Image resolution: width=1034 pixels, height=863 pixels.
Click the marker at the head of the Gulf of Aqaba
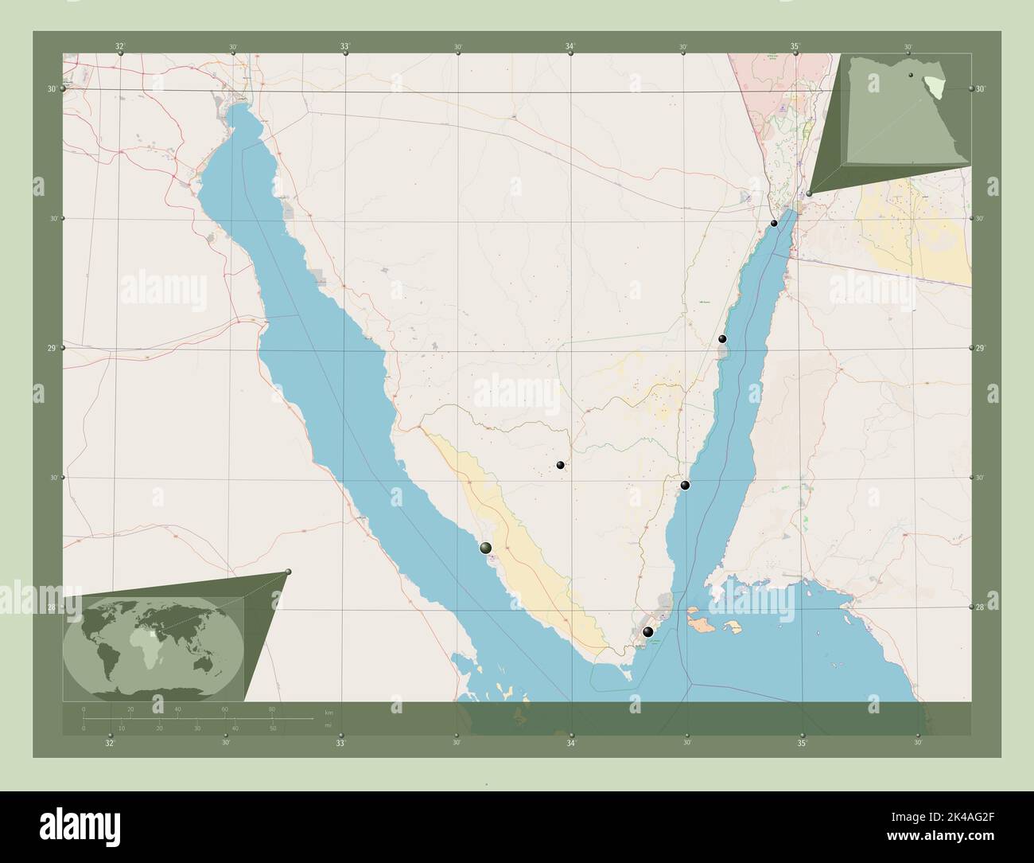(x=774, y=223)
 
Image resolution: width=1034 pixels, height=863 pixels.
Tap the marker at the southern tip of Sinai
(x=648, y=632)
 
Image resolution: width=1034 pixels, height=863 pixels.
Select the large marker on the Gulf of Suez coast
(x=485, y=547)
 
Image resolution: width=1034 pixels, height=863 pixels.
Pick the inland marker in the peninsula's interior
(x=561, y=465)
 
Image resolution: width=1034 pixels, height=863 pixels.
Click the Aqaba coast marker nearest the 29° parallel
(x=722, y=339)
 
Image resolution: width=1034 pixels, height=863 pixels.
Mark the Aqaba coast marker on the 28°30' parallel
(x=685, y=485)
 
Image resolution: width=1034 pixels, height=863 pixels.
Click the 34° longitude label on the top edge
(x=570, y=46)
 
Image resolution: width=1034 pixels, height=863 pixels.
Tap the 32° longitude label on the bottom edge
(x=110, y=743)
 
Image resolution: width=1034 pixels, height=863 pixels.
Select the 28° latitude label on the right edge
(x=981, y=607)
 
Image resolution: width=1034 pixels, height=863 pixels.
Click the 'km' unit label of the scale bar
(x=328, y=711)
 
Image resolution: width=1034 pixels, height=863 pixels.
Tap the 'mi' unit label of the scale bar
(x=328, y=726)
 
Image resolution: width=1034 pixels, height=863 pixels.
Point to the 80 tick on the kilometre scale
(x=272, y=709)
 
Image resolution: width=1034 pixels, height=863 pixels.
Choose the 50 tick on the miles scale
(x=272, y=728)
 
